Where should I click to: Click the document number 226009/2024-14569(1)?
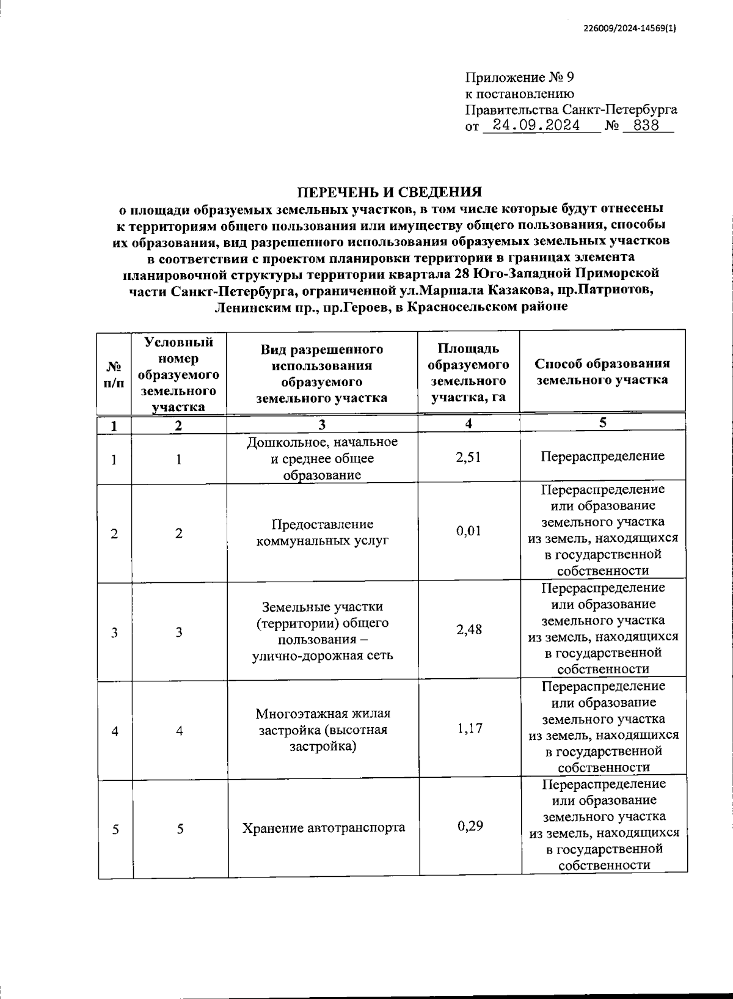pyautogui.click(x=630, y=27)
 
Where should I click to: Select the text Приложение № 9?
pyautogui.click(x=520, y=78)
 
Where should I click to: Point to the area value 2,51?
pyautogui.click(x=468, y=456)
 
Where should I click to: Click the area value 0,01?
pyautogui.click(x=469, y=531)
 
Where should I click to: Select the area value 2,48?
pyautogui.click(x=469, y=630)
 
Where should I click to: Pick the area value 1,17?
pyautogui.click(x=469, y=728)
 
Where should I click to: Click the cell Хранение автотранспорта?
pyautogui.click(x=323, y=828)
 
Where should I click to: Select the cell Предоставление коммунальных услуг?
pyautogui.click(x=322, y=533)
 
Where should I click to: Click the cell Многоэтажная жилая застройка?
pyautogui.click(x=323, y=730)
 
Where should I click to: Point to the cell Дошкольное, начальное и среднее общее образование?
pyautogui.click(x=322, y=458)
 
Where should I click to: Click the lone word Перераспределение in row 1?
pyautogui.click(x=602, y=456)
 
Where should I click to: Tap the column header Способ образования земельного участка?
pyautogui.click(x=602, y=371)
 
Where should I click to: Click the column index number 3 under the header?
pyautogui.click(x=322, y=425)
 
